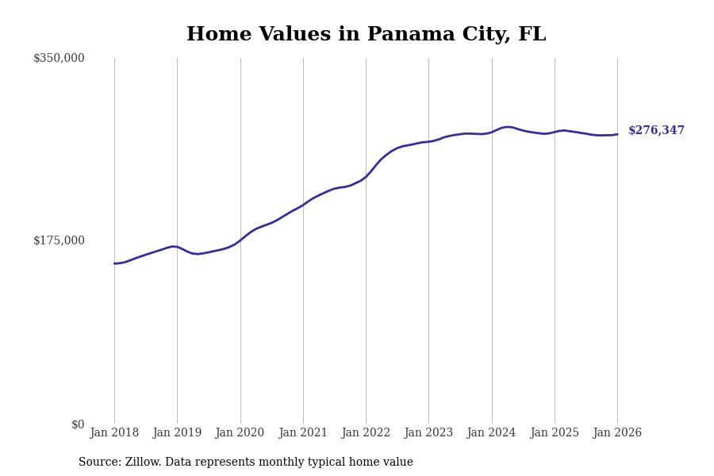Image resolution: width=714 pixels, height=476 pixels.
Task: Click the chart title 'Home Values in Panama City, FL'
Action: (x=366, y=35)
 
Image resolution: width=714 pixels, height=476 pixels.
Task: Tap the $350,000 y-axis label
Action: (x=59, y=58)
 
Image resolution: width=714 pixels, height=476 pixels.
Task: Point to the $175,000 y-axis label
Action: (x=59, y=240)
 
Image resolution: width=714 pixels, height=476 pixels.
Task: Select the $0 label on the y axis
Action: (x=78, y=424)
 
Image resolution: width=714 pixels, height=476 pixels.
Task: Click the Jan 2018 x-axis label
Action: (x=114, y=432)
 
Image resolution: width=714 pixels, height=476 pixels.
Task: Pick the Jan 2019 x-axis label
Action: (x=177, y=432)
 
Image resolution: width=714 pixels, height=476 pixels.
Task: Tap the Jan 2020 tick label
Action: (x=240, y=432)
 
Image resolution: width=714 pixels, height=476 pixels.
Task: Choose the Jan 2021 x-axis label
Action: (x=303, y=432)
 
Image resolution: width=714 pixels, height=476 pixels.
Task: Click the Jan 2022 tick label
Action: (x=366, y=432)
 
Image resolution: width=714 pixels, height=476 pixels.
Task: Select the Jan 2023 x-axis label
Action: (x=428, y=432)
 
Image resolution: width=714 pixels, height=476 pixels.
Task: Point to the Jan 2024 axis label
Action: (x=491, y=432)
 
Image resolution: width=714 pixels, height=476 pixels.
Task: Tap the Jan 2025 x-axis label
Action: (x=555, y=432)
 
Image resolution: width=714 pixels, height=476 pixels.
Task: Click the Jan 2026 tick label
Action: (x=617, y=432)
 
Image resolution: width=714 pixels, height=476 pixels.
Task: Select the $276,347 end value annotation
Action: (x=656, y=131)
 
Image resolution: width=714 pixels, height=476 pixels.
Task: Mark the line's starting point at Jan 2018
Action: (x=114, y=263)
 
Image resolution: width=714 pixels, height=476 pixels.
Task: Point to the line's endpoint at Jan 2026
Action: (x=617, y=134)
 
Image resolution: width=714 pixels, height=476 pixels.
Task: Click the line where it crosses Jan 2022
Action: (x=366, y=176)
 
